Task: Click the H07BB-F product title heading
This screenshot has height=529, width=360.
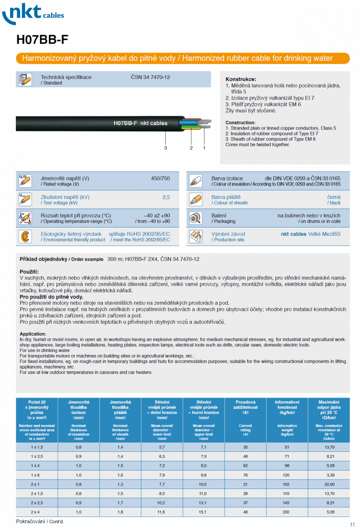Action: tap(42, 40)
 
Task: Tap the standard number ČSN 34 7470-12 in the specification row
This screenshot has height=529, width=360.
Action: tap(150, 77)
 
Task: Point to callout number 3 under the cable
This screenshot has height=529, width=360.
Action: tap(166, 148)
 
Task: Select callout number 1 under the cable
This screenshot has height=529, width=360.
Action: tap(204, 148)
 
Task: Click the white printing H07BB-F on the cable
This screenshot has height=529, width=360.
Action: tap(125, 123)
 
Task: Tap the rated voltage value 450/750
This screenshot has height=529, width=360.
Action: tap(160, 178)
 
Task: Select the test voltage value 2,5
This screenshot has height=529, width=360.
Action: tap(166, 197)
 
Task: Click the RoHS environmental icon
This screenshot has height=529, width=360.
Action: tap(25, 237)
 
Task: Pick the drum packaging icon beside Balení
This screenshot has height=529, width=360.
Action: tap(195, 218)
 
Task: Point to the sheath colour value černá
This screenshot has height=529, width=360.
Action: tap(334, 197)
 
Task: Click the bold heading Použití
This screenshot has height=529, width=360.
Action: tap(30, 271)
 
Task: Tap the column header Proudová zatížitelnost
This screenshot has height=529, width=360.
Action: tap(245, 405)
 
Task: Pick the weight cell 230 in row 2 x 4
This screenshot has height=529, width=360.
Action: tap(287, 512)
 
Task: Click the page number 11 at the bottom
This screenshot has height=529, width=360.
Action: tap(352, 524)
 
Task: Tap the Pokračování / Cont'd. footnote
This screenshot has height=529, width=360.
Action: tap(40, 522)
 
